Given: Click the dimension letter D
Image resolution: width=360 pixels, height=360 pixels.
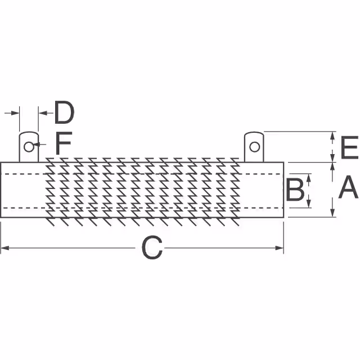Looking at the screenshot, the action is (64, 112).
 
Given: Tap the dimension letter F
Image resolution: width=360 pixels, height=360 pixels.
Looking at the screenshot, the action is (64, 143).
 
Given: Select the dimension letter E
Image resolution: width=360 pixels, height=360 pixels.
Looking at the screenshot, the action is (349, 147).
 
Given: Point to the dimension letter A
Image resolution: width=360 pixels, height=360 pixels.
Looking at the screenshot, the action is (348, 187).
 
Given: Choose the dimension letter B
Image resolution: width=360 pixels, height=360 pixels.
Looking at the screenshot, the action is (295, 190).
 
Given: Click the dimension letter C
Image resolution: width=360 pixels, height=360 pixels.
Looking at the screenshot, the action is (152, 248).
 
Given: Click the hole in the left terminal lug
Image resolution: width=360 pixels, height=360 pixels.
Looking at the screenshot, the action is (29, 147).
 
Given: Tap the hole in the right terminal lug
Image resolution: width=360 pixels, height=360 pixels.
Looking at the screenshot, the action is (254, 147).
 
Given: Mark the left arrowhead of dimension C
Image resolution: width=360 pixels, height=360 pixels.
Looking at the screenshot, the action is (5, 248).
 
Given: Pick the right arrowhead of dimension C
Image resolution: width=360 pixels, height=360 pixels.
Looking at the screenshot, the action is (280, 248).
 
